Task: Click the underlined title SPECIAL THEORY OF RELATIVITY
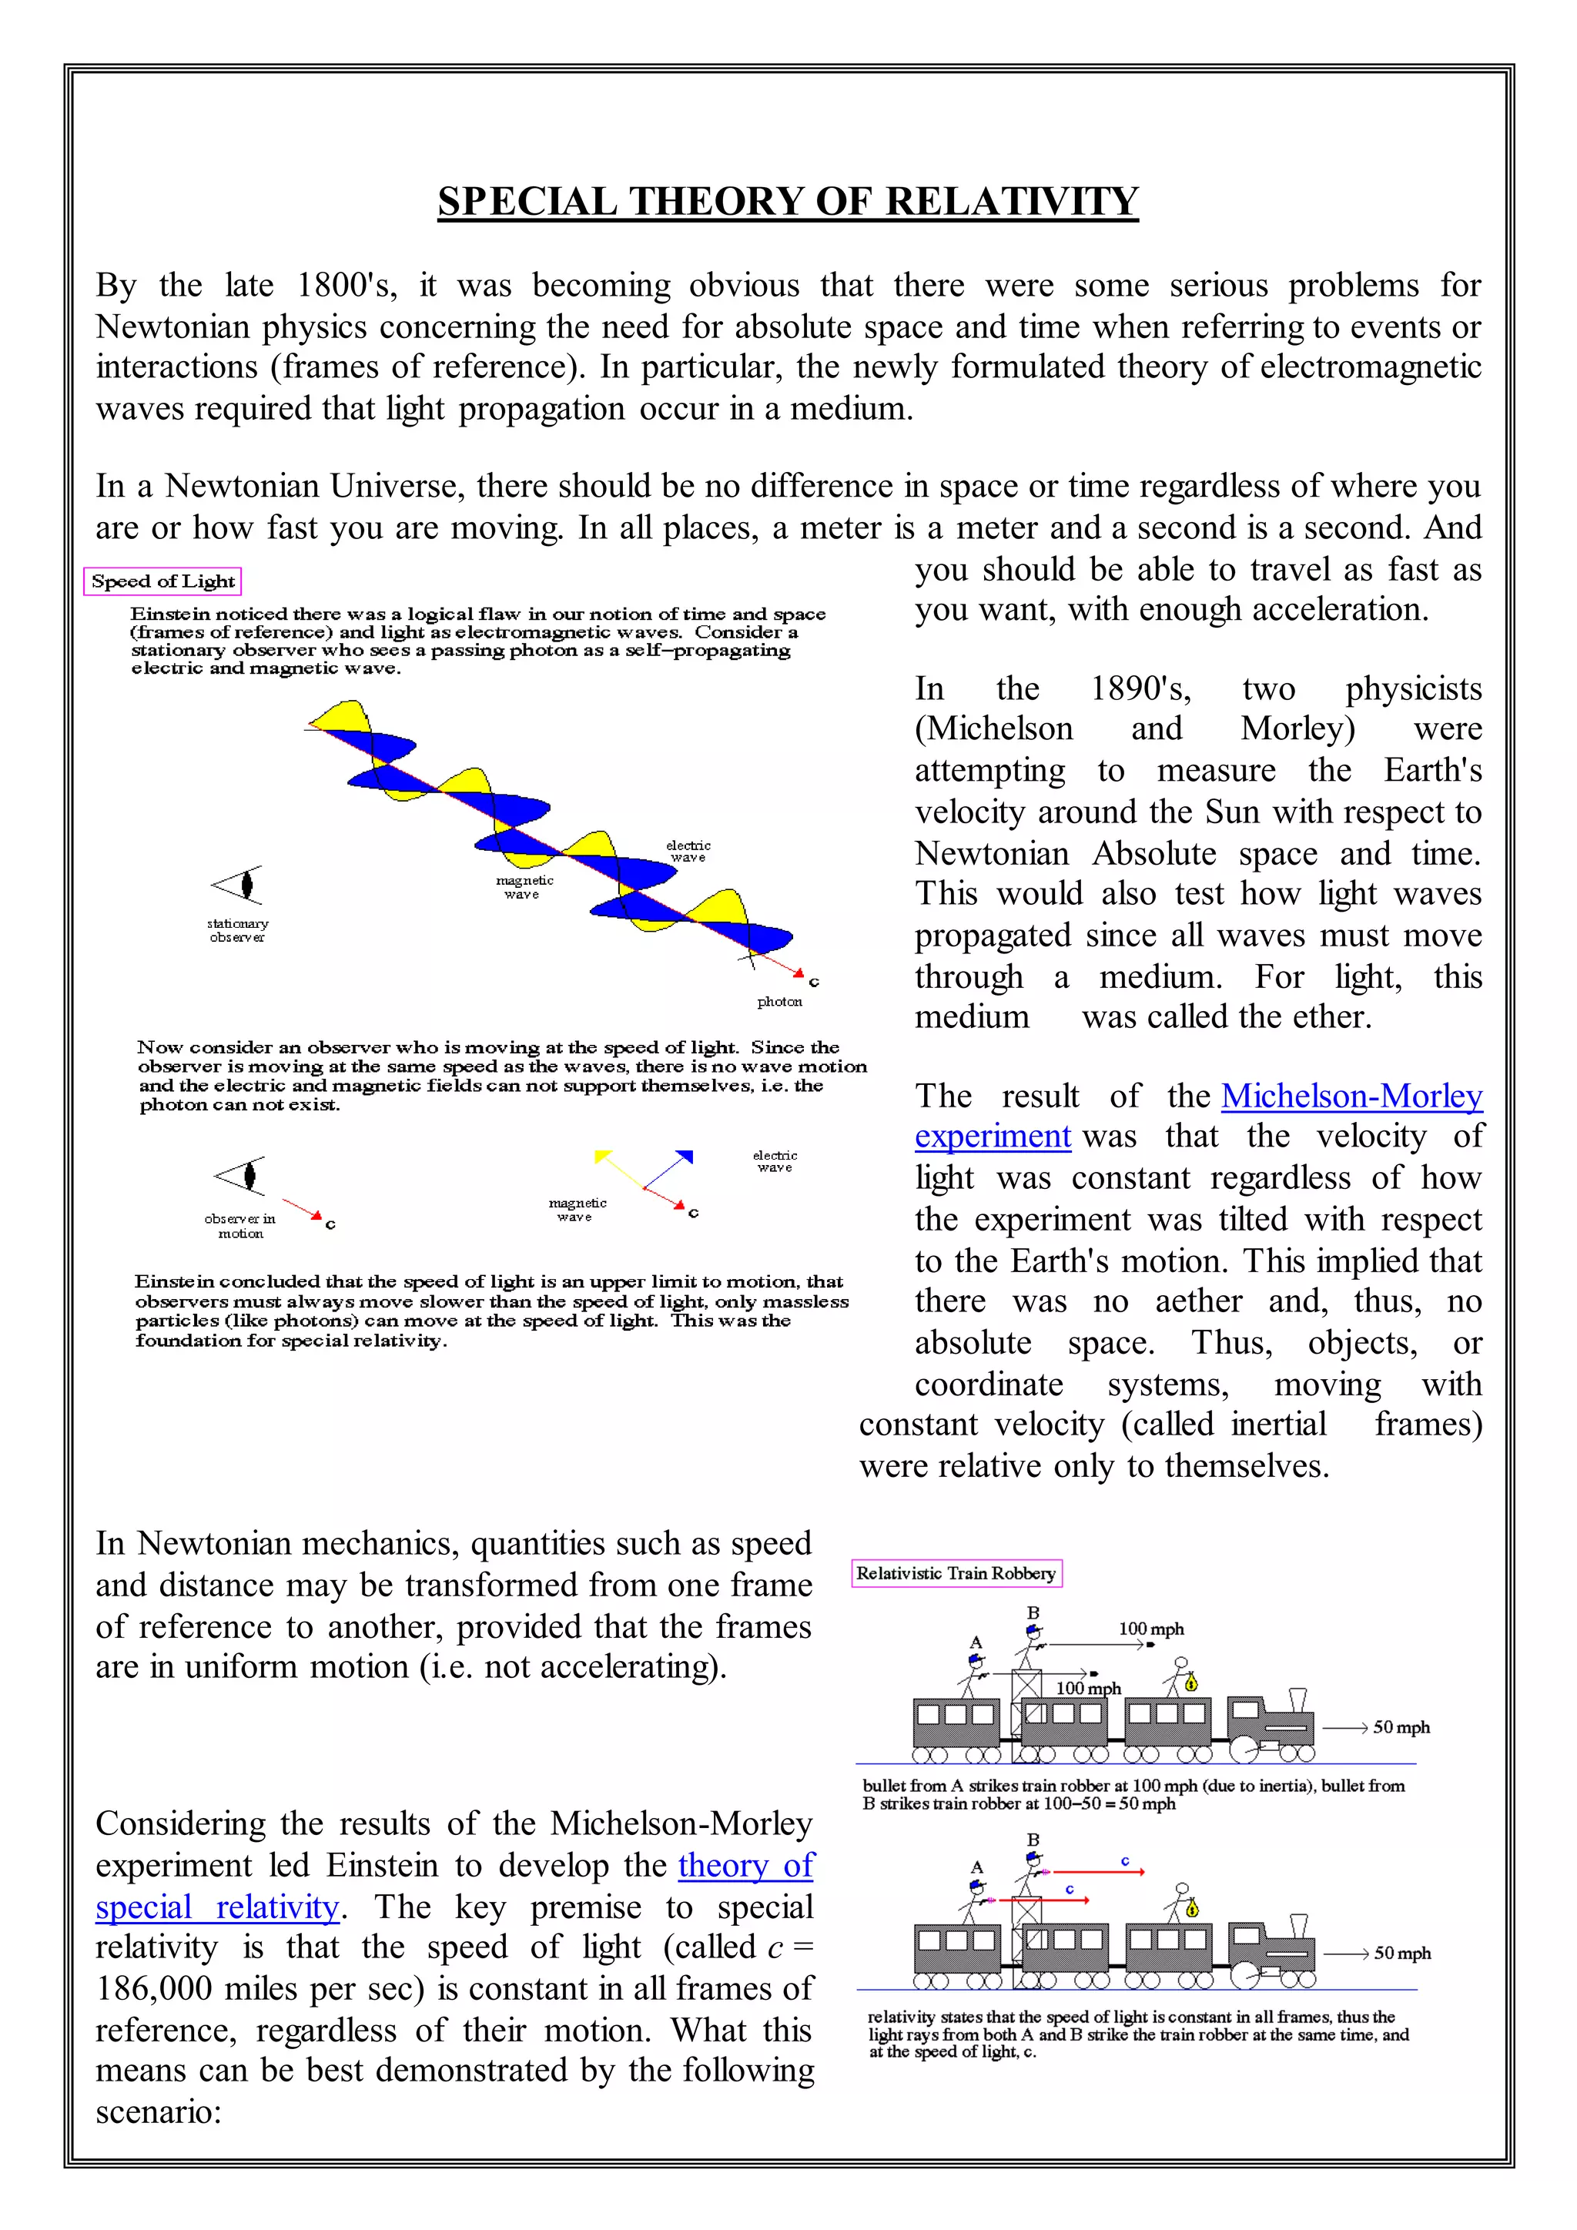click(788, 201)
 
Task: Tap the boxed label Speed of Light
click(162, 581)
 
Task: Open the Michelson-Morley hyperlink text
click(1351, 1096)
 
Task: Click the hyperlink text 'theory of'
click(746, 1865)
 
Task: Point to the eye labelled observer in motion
click(241, 1175)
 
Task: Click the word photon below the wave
click(778, 1001)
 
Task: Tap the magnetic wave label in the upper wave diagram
click(524, 887)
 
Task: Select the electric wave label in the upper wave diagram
click(688, 851)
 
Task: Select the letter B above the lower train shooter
click(1033, 1840)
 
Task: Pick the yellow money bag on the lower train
click(1190, 1910)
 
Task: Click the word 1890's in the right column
click(1140, 688)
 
